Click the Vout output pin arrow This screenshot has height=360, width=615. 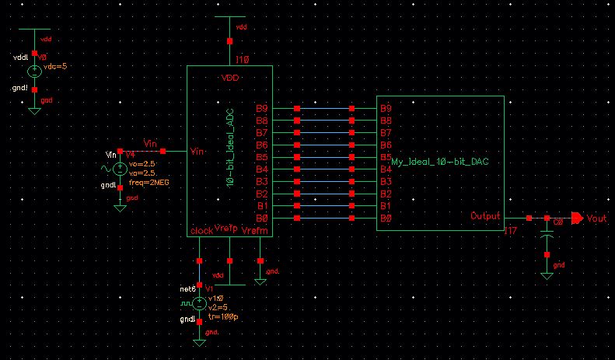tap(576, 218)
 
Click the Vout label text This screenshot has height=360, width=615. tap(596, 219)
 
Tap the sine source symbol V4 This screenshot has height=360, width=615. tap(120, 170)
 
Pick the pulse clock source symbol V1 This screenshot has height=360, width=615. tap(200, 304)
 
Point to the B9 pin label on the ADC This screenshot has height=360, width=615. tap(262, 108)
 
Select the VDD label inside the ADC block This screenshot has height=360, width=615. tap(230, 79)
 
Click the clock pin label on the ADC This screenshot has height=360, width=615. tap(201, 231)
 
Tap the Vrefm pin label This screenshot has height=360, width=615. tap(254, 231)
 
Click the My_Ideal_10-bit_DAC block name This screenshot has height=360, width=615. tap(444, 163)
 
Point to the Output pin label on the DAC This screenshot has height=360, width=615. tap(486, 216)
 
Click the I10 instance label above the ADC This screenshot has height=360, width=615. tap(242, 59)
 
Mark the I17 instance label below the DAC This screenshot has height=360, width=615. tap(511, 231)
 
